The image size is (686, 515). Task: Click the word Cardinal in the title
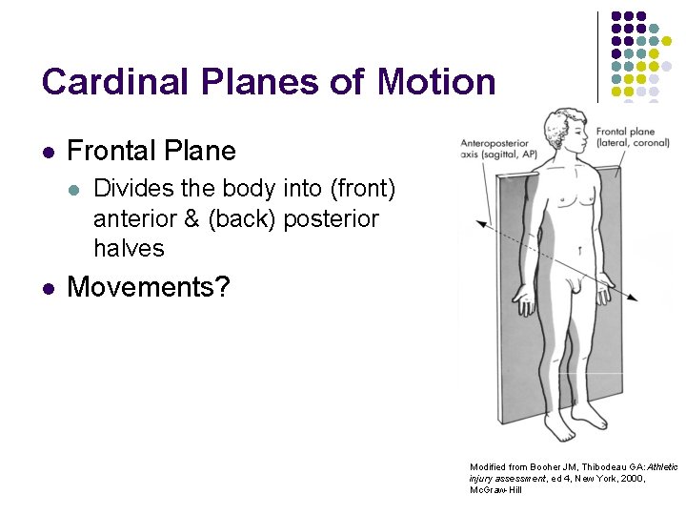point(109,82)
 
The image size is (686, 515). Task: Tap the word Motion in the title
point(436,82)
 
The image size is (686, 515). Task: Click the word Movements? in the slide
point(149,286)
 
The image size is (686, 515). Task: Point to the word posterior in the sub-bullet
point(330,218)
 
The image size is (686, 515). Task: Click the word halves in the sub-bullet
point(129,249)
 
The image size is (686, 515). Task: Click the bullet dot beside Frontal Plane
point(48,152)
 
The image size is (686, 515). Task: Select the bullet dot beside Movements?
point(48,287)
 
